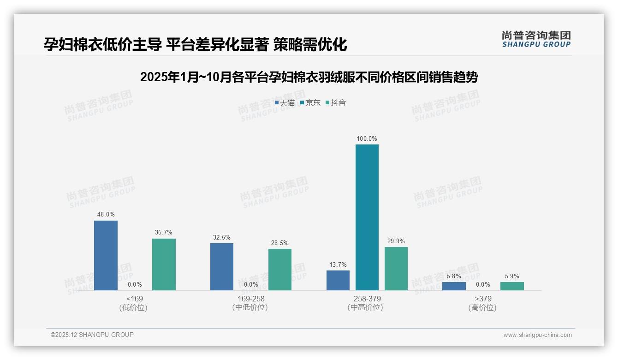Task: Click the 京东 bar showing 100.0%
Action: tap(367, 217)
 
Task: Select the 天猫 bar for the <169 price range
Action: tap(106, 255)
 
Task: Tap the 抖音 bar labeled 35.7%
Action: tap(164, 264)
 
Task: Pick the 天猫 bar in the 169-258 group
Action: tap(222, 266)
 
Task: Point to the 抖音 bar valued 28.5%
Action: tap(280, 269)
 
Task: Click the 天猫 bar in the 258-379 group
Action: tap(338, 280)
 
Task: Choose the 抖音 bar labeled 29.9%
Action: tap(396, 268)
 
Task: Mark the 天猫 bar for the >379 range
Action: tap(454, 286)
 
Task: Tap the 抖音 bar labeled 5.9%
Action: tap(512, 286)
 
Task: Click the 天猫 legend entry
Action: tap(285, 102)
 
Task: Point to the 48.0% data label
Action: tap(106, 215)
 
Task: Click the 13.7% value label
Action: tap(338, 264)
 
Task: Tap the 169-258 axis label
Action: tap(251, 299)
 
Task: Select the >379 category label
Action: tap(483, 299)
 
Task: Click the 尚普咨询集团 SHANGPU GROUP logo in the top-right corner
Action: tap(536, 39)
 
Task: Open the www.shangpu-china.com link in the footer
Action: tap(537, 335)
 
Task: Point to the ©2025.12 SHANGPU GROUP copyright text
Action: tap(92, 335)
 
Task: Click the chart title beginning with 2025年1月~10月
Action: tap(309, 77)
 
